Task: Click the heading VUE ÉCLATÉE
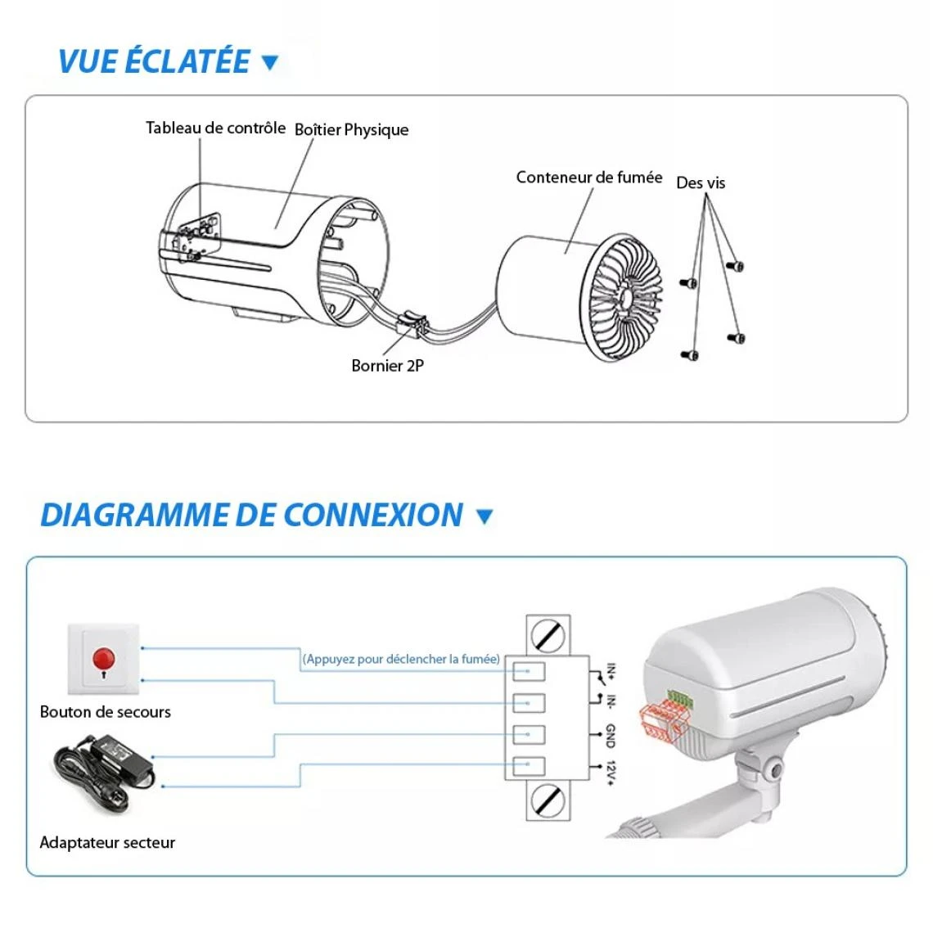pos(154,62)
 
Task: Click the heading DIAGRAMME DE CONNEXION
pos(251,516)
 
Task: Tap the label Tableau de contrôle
pos(215,128)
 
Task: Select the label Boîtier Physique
pos(351,129)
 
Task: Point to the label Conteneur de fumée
pos(588,177)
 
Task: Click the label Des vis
pos(700,183)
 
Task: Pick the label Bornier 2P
pos(387,366)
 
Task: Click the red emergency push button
pos(104,658)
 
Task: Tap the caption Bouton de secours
pos(105,712)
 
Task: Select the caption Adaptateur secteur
pos(107,842)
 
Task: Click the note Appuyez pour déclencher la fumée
pos(401,659)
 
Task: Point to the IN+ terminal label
pos(611,672)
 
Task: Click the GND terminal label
pos(611,735)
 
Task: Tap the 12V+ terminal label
pos(611,773)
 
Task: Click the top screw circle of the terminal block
pos(547,635)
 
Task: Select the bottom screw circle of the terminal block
pos(547,800)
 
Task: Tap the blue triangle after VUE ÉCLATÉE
pos(269,62)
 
